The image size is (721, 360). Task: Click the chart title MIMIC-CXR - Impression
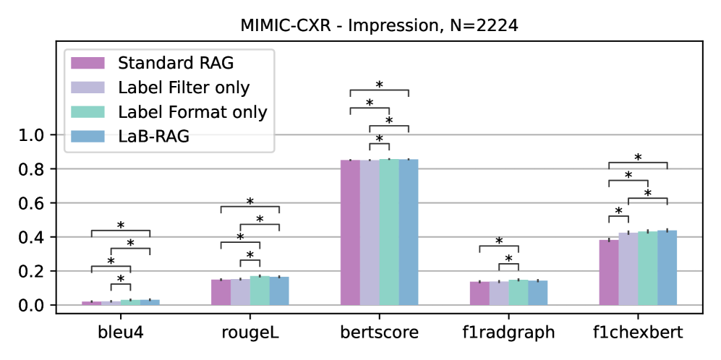click(380, 26)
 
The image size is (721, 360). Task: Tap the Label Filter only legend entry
click(184, 87)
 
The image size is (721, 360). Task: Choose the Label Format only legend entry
click(192, 112)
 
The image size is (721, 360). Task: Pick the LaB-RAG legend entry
click(153, 136)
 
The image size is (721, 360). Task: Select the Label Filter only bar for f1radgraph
click(499, 293)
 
